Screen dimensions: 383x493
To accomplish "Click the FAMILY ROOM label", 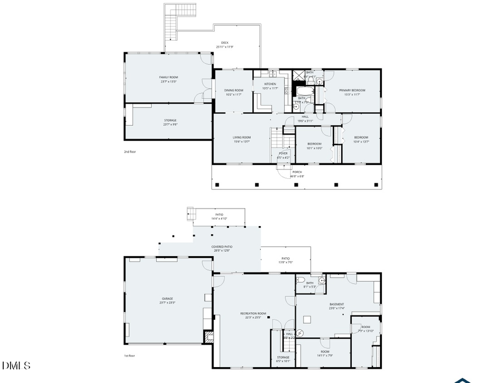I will (168, 77).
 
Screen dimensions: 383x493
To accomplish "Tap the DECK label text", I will (225, 43).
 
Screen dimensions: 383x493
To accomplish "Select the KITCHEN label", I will (270, 84).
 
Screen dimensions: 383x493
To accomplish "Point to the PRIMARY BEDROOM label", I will (352, 90).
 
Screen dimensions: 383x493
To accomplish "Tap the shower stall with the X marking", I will (299, 76).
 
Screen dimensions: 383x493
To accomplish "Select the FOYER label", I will (283, 153).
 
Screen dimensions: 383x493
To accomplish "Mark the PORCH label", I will (297, 172).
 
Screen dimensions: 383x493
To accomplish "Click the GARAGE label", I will (167, 298).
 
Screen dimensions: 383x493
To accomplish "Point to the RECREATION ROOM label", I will (253, 313).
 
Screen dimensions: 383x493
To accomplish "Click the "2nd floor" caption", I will (129, 151).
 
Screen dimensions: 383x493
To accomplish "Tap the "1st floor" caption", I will (129, 356).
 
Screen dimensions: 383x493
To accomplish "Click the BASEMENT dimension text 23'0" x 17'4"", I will (336, 308).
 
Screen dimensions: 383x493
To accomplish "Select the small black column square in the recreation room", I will (268, 317).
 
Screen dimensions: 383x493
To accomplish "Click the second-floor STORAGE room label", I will (170, 120).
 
